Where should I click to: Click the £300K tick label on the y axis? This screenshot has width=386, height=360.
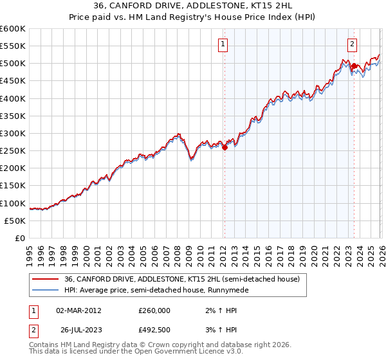coord(13,133)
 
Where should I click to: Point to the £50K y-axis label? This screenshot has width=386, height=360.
coord(15,221)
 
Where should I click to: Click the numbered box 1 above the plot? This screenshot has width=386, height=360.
coord(223,44)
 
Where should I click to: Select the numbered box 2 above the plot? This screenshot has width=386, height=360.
coord(353,44)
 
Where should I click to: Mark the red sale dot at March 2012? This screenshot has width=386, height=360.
coord(225,147)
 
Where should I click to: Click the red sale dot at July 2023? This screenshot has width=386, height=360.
coord(354,66)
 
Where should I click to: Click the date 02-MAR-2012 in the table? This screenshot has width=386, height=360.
coord(78,310)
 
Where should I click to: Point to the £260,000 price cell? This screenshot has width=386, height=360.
coord(154,310)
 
